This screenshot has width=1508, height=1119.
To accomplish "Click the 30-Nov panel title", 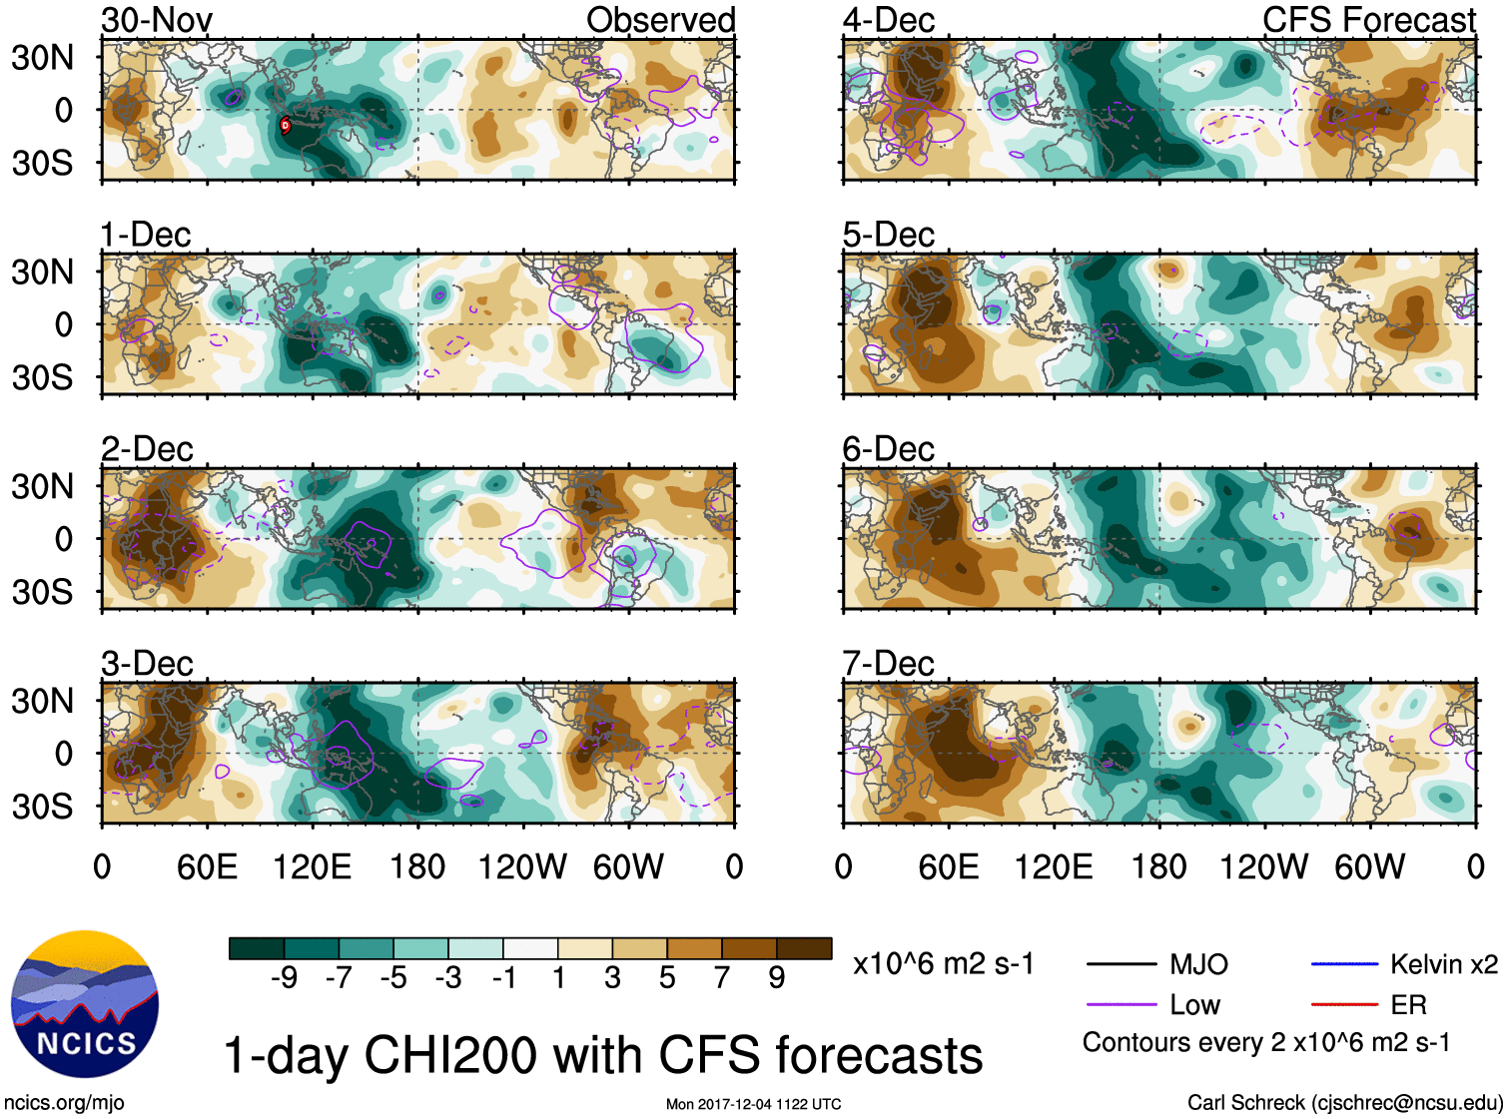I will click(157, 20).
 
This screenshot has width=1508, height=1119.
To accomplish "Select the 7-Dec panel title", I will click(888, 664).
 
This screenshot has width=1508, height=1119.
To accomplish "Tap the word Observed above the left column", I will click(660, 20).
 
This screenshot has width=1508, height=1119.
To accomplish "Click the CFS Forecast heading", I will click(1368, 20).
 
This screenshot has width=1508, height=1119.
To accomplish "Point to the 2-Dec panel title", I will click(147, 449).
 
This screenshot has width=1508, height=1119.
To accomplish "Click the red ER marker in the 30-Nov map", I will click(285, 125).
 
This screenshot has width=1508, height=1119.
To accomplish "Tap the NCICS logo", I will click(85, 1004).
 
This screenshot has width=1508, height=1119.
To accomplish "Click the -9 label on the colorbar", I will click(284, 978).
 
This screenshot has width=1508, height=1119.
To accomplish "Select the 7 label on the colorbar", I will click(722, 978).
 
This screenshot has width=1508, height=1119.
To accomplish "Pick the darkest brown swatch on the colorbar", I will click(804, 948).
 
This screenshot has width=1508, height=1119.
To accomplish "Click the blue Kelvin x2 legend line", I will click(1344, 964).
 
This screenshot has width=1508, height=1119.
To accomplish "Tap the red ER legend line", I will click(1344, 1004).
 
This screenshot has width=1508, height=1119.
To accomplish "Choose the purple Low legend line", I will click(1121, 1004).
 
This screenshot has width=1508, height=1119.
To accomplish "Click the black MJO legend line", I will click(1121, 964).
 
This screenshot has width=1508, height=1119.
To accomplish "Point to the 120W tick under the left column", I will click(522, 866).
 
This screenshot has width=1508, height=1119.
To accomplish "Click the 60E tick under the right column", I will click(948, 866).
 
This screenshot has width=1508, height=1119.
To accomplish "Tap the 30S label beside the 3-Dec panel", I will click(42, 806).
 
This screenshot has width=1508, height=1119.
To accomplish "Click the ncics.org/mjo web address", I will click(64, 1103).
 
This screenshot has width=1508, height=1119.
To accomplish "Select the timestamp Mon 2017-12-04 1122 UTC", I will click(753, 1104).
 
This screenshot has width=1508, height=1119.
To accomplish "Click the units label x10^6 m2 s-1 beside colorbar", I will click(943, 964).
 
